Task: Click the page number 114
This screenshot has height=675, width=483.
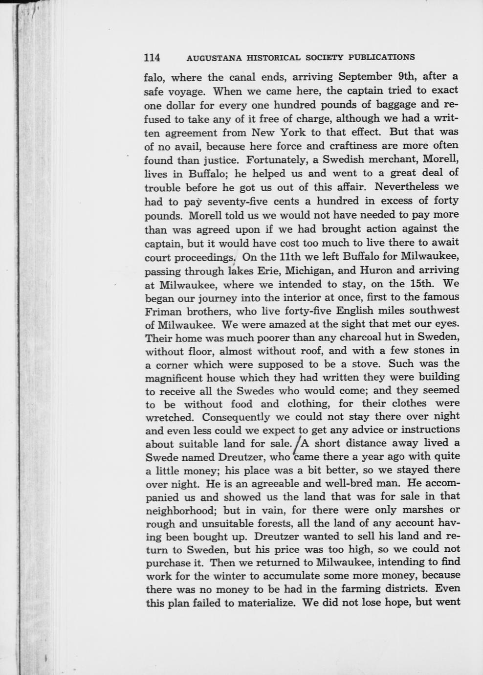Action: [x=152, y=57]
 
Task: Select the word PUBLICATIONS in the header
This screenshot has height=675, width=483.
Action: [x=381, y=57]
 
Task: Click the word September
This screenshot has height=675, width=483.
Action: [x=364, y=77]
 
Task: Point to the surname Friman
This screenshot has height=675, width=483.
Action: [x=163, y=311]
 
